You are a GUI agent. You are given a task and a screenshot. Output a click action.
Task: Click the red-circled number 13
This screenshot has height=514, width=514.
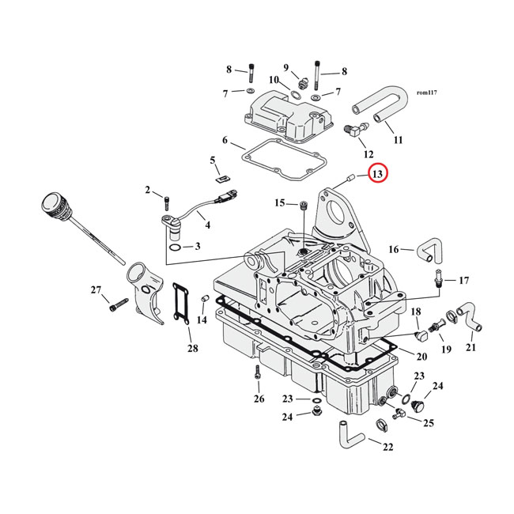(x=377, y=173)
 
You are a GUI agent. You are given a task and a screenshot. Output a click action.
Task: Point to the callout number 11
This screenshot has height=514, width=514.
(x=398, y=140)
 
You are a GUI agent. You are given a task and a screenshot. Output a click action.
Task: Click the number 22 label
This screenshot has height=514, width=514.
(x=387, y=447)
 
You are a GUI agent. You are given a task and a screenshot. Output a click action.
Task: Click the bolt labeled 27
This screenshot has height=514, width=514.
(x=119, y=301)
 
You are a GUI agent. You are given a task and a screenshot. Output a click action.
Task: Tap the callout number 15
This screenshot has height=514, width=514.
(x=280, y=203)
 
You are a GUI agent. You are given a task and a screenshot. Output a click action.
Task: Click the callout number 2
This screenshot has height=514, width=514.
(x=147, y=190)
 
